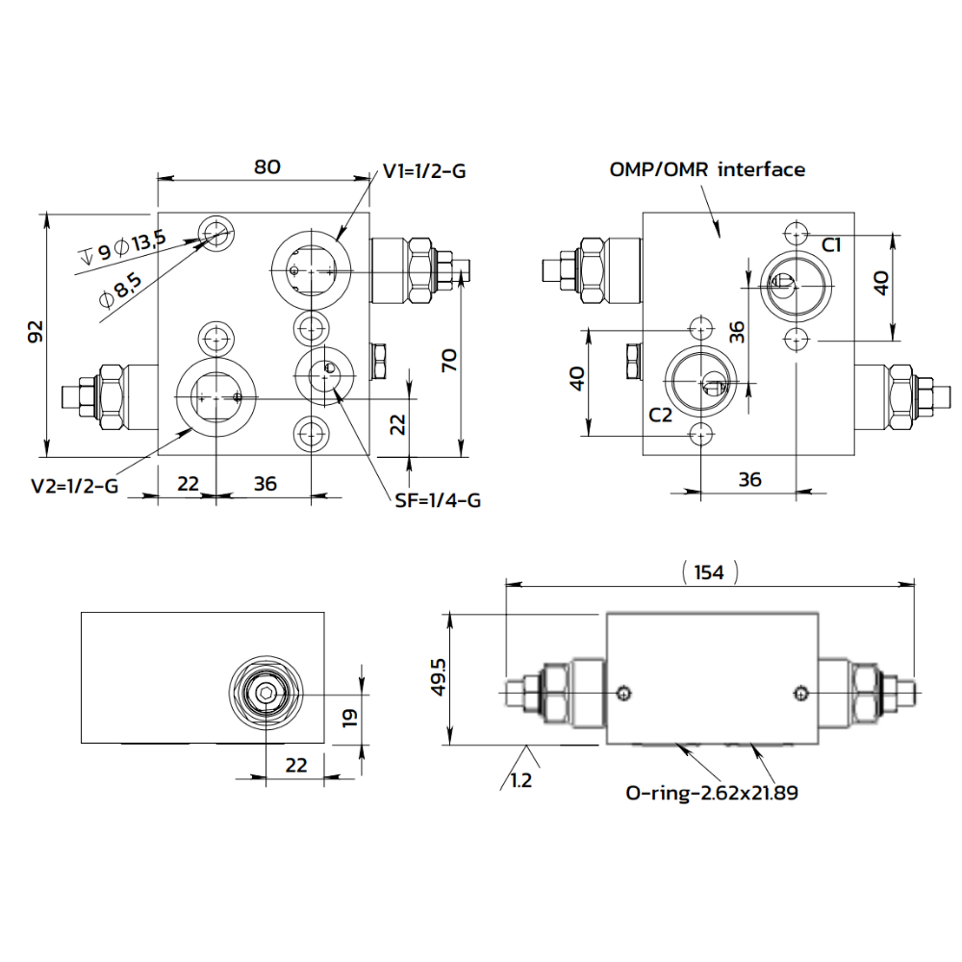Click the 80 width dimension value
[x=266, y=166]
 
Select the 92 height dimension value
[x=36, y=333]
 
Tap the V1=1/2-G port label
[x=424, y=172]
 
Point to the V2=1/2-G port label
[x=74, y=486]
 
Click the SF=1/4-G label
[x=438, y=500]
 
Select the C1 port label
[x=831, y=245]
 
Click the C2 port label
[x=660, y=416]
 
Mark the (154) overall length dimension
[x=709, y=572]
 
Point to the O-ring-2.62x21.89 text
[x=711, y=793]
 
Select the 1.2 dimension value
[x=520, y=781]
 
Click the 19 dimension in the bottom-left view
[x=350, y=717]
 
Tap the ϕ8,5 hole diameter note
[x=121, y=289]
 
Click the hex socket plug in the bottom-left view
[x=264, y=694]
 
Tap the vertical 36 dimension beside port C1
[x=736, y=332]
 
